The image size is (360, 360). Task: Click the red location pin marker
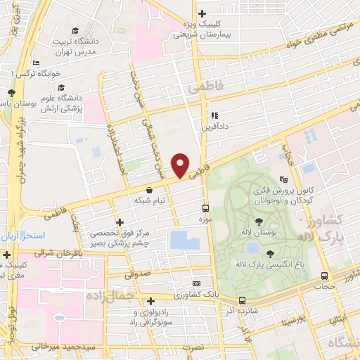[x=181, y=165]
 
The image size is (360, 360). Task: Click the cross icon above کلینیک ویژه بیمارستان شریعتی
[x=202, y=13]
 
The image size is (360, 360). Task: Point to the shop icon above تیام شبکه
[x=149, y=190]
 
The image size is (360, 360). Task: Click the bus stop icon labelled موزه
[x=206, y=208]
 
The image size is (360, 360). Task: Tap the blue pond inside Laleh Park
[x=252, y=248]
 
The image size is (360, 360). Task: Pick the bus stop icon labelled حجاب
[x=324, y=276]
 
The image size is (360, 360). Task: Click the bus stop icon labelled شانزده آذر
[x=241, y=300]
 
